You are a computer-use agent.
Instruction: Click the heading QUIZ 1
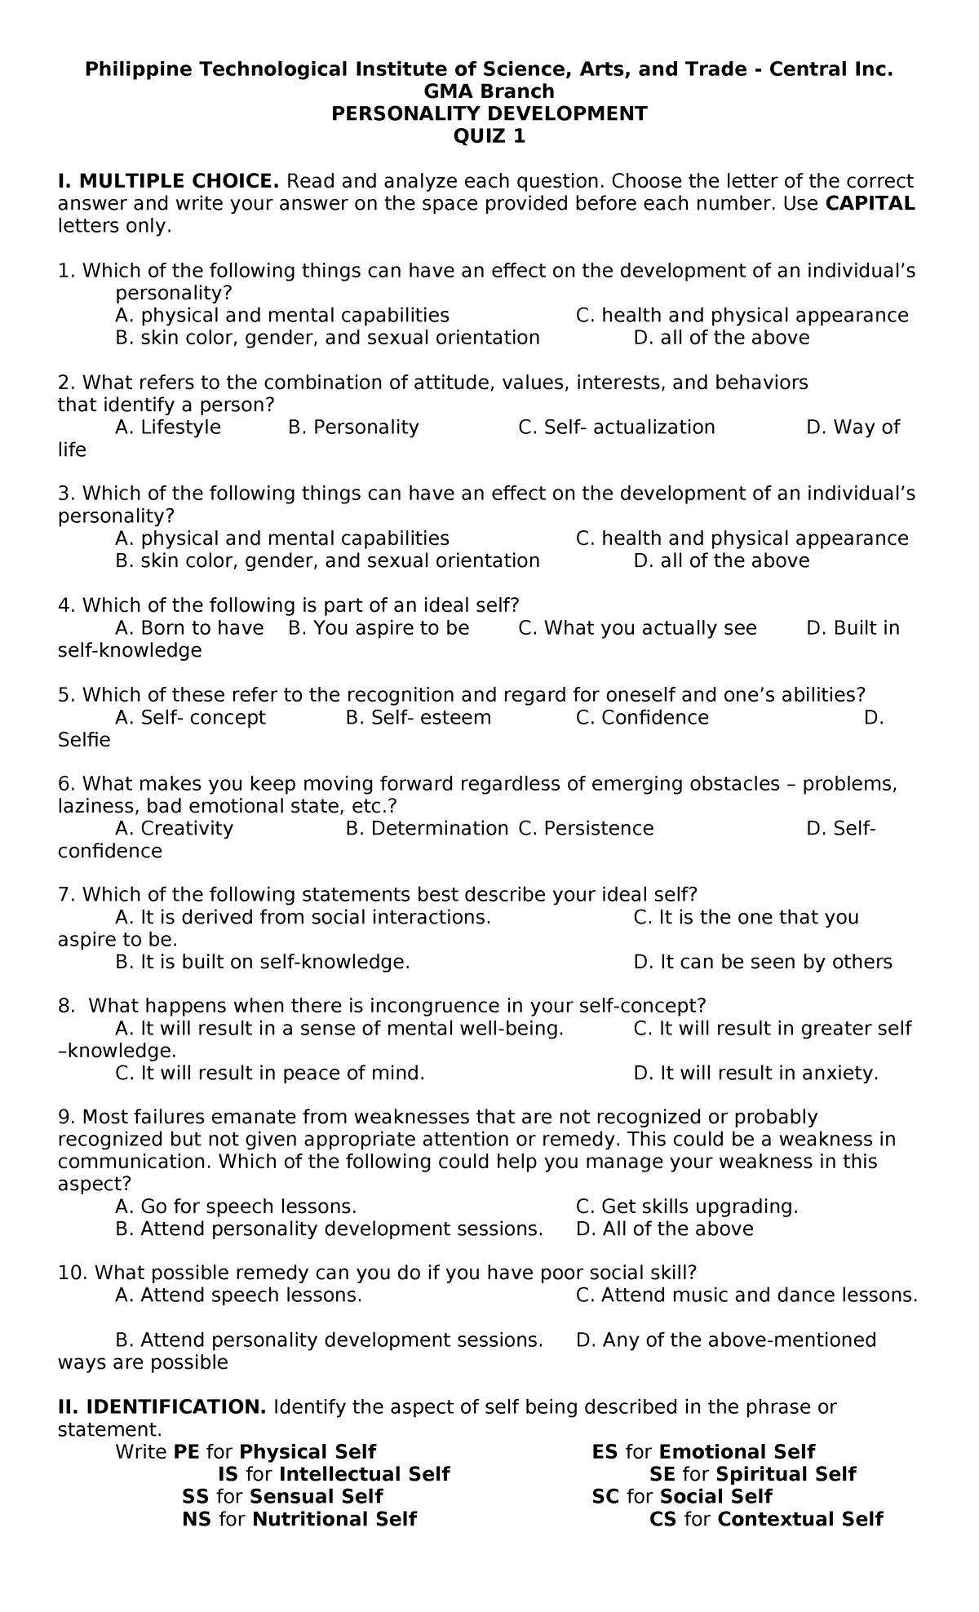489,136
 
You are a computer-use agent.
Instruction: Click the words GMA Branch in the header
489,91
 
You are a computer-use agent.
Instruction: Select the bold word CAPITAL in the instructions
870,203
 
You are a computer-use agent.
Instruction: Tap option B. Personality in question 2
353,427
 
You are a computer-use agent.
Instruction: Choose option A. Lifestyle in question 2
168,427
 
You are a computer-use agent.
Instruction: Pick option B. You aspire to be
379,628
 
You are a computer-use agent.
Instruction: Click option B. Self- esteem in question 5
418,718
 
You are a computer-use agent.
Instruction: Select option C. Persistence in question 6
586,829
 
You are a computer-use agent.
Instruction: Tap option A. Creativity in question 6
174,829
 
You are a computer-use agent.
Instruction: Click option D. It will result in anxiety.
755,1074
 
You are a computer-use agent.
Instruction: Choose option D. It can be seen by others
762,963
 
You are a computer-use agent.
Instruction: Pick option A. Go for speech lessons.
236,1207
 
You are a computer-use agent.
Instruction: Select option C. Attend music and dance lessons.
746,1295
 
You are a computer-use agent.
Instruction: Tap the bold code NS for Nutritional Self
197,1519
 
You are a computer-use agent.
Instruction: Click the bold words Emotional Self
737,1452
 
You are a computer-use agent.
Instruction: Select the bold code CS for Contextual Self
662,1519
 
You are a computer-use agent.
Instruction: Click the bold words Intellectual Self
364,1474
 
